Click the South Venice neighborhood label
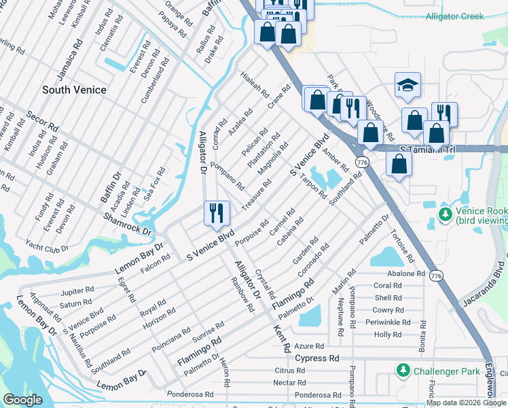tap(74, 90)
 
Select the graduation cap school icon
tap(406, 86)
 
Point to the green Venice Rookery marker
tap(445, 215)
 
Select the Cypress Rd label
tap(316, 358)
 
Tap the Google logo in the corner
tap(22, 400)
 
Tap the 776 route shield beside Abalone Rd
tap(437, 275)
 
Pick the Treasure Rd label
tap(257, 194)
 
